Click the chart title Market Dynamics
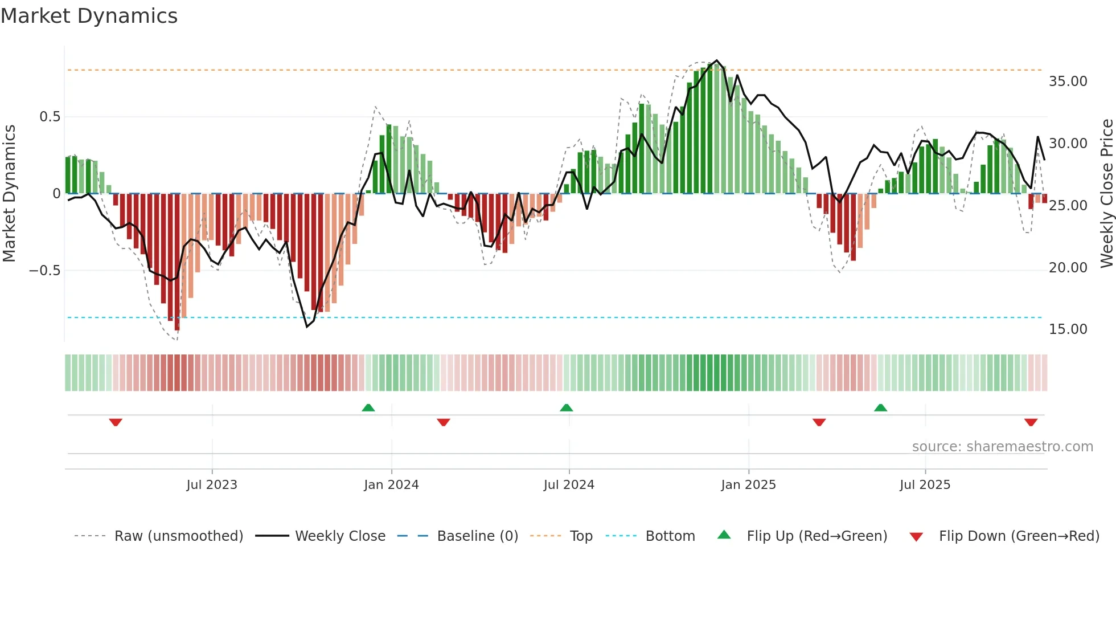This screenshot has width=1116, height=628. pos(89,16)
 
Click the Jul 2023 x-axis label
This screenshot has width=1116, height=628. pos(211,484)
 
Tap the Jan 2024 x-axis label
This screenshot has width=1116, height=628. pos(391,484)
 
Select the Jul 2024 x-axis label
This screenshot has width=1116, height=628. pos(569,484)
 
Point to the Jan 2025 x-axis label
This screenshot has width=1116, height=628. pos(748,484)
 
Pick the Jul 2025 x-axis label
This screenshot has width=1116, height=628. pos(925,484)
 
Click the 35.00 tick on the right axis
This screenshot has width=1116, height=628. pos(1068,81)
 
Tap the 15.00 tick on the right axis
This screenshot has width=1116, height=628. pos(1068,329)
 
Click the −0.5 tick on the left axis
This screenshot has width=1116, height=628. pos(45,271)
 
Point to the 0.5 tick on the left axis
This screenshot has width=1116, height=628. pos(50,117)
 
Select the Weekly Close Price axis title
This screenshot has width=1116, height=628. pos(1106,193)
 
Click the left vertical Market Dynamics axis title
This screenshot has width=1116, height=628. pos(9,193)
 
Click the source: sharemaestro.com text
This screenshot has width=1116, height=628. pos(1002,447)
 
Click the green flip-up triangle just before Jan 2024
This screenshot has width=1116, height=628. pos(368,407)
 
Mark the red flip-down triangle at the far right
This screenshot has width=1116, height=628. pos(1031,422)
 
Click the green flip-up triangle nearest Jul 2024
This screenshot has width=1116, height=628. pos(566,407)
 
